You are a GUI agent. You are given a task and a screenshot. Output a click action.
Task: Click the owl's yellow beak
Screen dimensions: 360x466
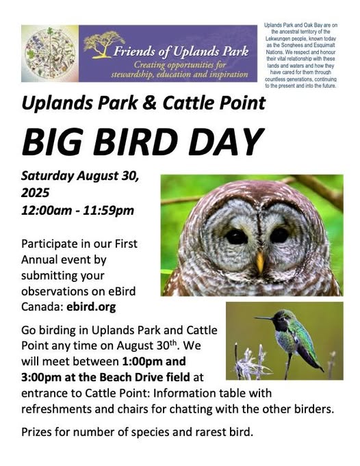260,262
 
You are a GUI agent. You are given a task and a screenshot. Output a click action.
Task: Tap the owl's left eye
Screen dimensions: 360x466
236,237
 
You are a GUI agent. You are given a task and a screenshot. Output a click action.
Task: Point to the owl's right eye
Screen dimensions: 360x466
279,235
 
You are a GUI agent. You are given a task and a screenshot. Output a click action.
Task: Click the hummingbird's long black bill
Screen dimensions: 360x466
264,318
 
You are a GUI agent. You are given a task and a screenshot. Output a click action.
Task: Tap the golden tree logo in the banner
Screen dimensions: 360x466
104,44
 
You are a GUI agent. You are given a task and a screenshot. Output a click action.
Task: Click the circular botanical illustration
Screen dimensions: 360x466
50,53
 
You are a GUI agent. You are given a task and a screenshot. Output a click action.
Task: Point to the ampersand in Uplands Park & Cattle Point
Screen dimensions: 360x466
150,103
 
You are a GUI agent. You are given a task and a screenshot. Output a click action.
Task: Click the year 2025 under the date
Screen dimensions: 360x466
35,192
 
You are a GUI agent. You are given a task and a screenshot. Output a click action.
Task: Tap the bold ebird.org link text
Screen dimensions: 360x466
91,307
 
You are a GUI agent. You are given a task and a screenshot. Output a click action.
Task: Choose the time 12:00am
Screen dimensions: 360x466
47,210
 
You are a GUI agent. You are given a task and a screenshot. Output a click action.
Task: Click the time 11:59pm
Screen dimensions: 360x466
109,210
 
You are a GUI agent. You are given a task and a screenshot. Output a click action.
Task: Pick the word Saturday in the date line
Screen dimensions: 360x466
47,176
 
